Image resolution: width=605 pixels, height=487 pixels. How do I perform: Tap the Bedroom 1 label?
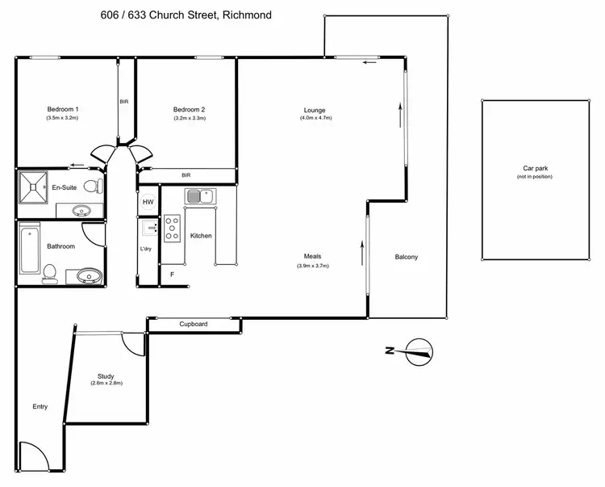62,109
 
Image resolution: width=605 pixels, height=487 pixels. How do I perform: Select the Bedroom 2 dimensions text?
190,119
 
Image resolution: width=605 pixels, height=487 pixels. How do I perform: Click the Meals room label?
313,257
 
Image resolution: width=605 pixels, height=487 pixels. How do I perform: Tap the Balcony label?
406,257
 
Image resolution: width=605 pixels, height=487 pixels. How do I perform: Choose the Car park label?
535,169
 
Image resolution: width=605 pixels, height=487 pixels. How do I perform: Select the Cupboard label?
194,324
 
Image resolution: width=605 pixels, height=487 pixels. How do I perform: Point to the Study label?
106,376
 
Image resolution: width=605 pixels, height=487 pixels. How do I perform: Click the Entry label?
40,406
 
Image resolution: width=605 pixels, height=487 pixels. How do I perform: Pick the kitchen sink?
198,195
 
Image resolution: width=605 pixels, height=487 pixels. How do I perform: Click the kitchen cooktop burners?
171,229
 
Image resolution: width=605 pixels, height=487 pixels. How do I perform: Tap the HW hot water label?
148,202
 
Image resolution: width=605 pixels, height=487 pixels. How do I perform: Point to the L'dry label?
146,249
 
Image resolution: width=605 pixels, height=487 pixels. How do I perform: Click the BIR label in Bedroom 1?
124,102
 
